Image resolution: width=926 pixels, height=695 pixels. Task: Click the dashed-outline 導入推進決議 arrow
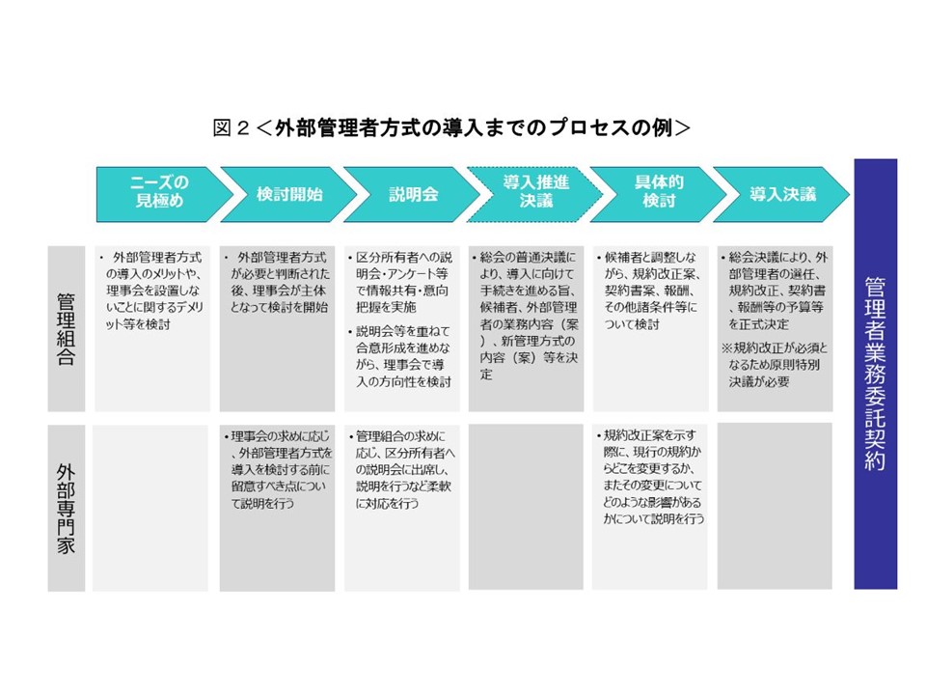(x=529, y=194)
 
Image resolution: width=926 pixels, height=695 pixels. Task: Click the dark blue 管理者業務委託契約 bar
(x=875, y=374)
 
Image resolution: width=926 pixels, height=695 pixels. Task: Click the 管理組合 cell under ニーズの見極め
(x=150, y=329)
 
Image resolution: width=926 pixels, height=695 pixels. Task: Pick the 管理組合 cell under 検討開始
(x=277, y=329)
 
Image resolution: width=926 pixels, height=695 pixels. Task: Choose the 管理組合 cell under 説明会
(x=402, y=329)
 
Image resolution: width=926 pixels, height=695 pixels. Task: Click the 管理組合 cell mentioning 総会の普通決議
(x=527, y=329)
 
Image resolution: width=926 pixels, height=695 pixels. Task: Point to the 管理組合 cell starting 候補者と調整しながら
(x=650, y=329)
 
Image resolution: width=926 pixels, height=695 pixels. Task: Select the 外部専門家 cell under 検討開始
(x=277, y=506)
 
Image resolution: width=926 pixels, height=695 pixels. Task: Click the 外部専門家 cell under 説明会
(x=402, y=506)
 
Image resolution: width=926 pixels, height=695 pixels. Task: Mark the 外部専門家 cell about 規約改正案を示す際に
(x=650, y=506)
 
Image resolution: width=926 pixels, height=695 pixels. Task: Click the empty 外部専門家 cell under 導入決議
(x=775, y=506)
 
